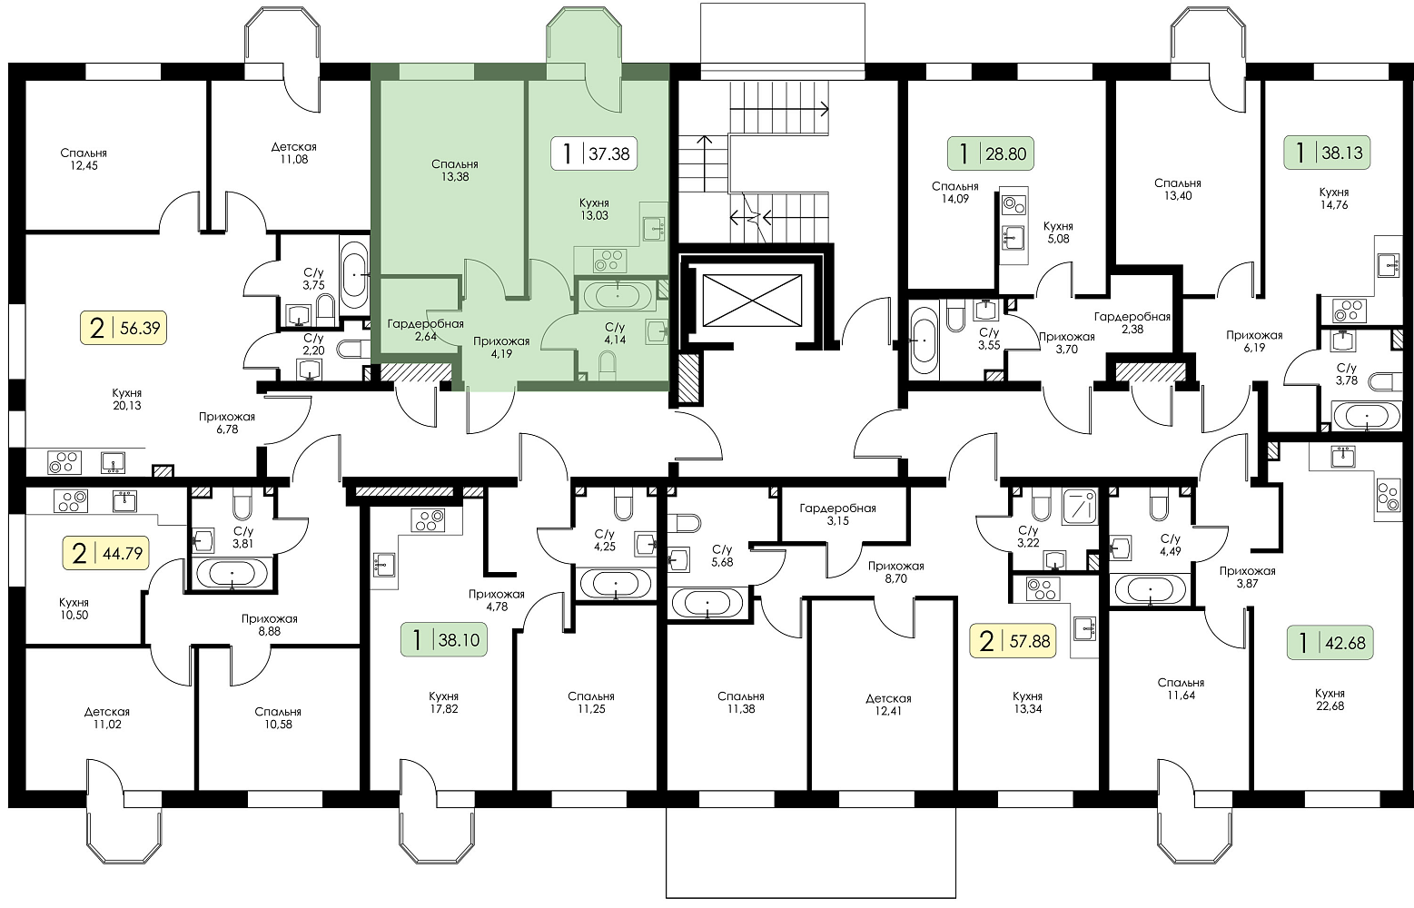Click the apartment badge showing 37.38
click(594, 153)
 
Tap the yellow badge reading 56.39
click(124, 328)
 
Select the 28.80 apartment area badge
click(991, 153)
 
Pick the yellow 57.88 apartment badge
click(1013, 641)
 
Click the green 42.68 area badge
click(1330, 643)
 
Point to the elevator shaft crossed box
click(752, 301)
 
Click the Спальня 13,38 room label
click(454, 171)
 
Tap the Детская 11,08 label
click(294, 153)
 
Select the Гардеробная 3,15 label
click(837, 514)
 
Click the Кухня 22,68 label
click(1330, 699)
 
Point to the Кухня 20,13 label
click(127, 399)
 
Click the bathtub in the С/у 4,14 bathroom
click(618, 295)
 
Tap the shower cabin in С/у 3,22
click(1080, 507)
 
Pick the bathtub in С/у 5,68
click(707, 603)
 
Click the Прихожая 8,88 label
click(269, 625)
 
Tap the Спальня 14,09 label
click(955, 192)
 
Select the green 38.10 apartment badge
click(444, 640)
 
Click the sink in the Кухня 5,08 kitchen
click(1014, 237)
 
